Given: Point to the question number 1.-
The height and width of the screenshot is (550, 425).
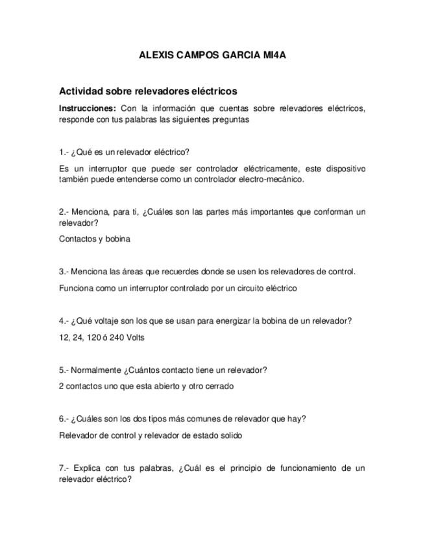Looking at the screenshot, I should pos(64,152).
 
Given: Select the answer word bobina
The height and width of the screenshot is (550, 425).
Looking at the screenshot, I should pos(118,239).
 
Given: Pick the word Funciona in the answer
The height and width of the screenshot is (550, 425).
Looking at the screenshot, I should pos(74,288).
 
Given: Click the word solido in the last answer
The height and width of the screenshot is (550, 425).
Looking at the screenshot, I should pos(230,436).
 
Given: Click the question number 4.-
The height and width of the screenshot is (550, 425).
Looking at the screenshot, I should pos(64,320).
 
